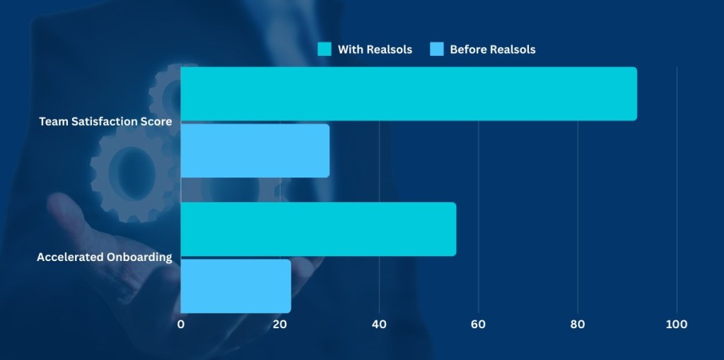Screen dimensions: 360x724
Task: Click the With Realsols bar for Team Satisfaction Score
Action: [408, 94]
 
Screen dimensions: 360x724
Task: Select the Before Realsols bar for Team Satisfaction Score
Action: [255, 151]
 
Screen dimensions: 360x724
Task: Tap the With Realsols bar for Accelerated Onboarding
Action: [318, 229]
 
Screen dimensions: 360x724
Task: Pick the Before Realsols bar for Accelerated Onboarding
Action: [235, 286]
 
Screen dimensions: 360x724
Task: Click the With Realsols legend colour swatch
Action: [325, 50]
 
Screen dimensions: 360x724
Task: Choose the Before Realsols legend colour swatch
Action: [437, 50]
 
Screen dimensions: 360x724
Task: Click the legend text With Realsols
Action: [375, 50]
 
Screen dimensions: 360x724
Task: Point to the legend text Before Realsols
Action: [493, 50]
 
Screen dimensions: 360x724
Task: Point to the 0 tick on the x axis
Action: [181, 325]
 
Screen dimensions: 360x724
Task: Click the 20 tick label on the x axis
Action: [280, 325]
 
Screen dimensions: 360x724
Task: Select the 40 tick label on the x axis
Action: [380, 325]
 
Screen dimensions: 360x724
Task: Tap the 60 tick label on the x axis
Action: [479, 325]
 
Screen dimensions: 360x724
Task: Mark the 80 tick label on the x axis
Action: [578, 325]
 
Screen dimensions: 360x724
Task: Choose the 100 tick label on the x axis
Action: [677, 325]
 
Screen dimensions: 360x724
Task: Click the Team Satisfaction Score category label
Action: [105, 122]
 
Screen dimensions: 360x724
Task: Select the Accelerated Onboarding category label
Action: [105, 257]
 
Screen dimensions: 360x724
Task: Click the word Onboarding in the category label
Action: [139, 257]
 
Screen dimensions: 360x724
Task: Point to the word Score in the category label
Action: [156, 122]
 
